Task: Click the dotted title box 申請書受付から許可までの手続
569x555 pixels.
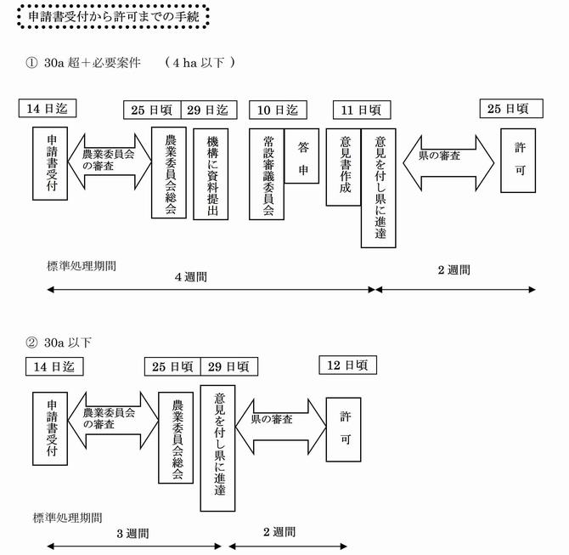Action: point(114,18)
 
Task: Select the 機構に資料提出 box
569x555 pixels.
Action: point(211,173)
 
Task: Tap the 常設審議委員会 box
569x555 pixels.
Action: point(266,173)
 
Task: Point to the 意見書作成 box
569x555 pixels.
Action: point(343,167)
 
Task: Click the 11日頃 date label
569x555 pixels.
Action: point(362,110)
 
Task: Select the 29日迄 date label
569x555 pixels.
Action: point(208,110)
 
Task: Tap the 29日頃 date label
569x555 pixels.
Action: point(228,366)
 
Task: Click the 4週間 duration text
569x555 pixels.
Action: point(190,277)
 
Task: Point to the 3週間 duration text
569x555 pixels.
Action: point(132,534)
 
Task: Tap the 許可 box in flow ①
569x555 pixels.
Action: point(518,160)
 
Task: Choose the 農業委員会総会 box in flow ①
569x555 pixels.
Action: point(168,173)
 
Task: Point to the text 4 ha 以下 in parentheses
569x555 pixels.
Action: point(199,62)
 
